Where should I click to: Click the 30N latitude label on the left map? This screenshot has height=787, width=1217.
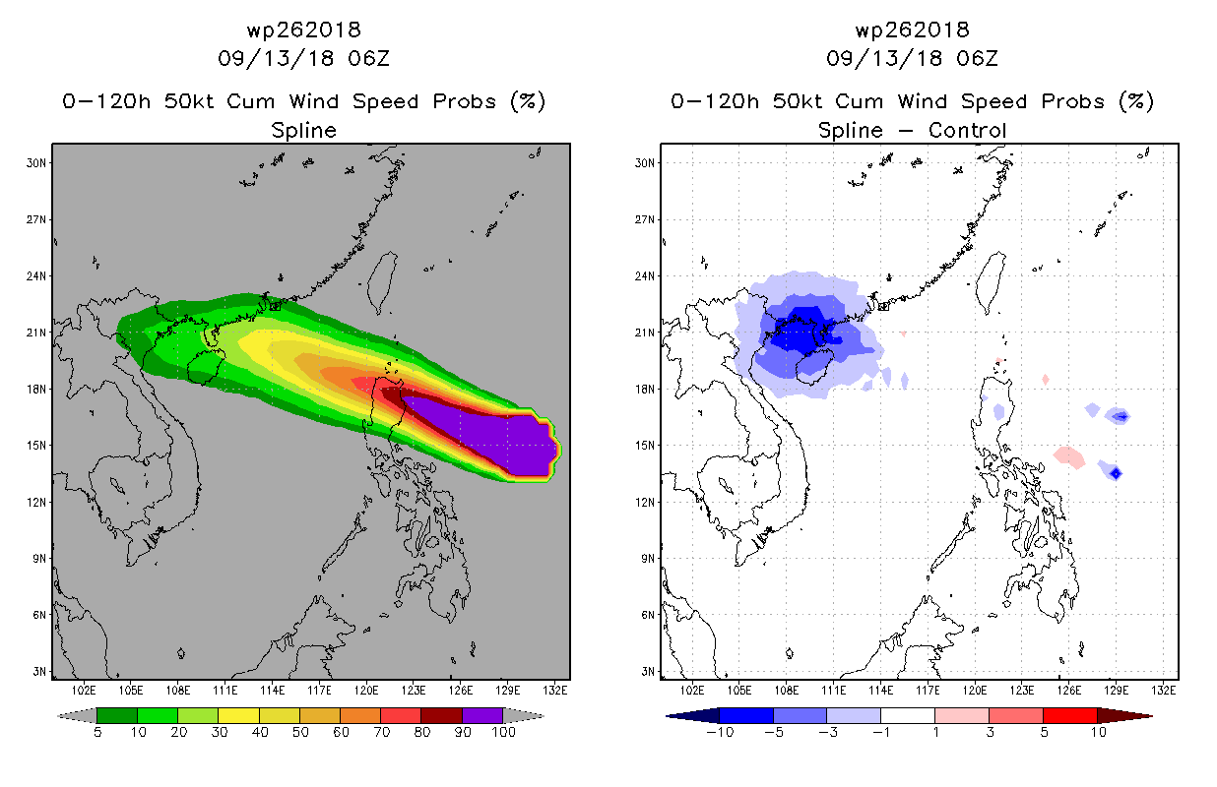click(35, 163)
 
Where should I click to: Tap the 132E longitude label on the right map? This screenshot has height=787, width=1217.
click(1163, 691)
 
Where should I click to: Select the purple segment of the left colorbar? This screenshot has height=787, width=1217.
click(482, 715)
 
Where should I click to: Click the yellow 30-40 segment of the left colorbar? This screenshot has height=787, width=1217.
click(238, 715)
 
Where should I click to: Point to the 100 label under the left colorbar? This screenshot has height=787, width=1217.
click(503, 732)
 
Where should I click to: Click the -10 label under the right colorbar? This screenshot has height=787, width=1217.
click(720, 732)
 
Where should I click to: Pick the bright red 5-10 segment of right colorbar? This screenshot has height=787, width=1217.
click(1070, 715)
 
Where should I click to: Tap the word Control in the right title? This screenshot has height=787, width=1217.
click(968, 130)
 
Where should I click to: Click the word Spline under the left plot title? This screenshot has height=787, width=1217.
click(303, 131)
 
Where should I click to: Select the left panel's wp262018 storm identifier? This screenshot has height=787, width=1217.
click(303, 30)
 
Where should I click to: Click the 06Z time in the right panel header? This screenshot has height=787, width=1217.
click(977, 59)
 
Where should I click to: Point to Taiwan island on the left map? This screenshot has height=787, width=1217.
click(382, 282)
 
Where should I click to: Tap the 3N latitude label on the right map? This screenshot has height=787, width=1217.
click(647, 671)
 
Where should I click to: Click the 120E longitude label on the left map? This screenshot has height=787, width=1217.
click(365, 691)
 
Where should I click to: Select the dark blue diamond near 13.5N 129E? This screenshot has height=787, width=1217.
click(1116, 473)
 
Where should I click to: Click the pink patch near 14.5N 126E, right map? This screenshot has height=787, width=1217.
click(1069, 457)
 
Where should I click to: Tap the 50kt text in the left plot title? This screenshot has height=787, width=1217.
click(188, 101)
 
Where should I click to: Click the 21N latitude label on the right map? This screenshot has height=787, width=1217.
click(645, 333)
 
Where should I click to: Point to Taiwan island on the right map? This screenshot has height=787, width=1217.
click(991, 282)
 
